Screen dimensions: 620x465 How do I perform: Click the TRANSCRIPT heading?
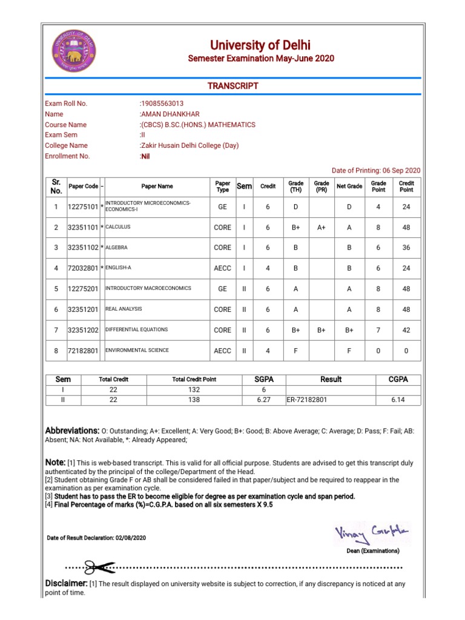[233, 86]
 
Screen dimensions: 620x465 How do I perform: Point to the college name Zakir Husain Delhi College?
[190, 145]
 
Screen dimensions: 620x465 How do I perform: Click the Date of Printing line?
[376, 171]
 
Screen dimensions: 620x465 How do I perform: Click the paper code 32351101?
[83, 227]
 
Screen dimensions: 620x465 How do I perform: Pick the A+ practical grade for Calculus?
[322, 227]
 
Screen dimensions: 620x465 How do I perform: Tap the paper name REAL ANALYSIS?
[124, 309]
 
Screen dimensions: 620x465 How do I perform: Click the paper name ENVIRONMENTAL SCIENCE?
[137, 350]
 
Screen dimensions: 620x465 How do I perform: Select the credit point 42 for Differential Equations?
[406, 330]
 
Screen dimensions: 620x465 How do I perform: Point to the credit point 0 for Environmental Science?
[406, 351]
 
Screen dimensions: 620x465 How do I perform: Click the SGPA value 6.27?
[263, 400]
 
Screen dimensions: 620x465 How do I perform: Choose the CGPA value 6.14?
[397, 400]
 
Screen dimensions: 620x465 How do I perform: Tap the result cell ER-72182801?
[307, 400]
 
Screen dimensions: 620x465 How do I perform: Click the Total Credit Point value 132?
[194, 390]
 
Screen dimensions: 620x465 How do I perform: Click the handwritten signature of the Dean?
[372, 533]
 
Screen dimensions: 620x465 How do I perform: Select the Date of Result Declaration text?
[96, 538]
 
